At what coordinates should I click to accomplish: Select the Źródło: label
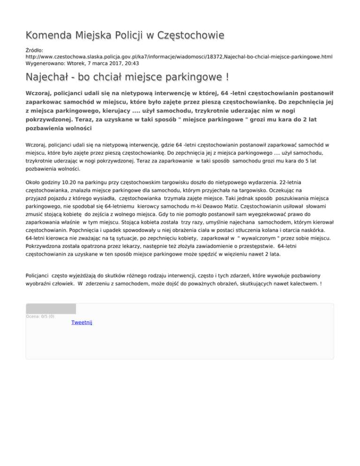[36, 49]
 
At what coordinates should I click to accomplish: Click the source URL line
[179, 56]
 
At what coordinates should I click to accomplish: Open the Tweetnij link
[82, 323]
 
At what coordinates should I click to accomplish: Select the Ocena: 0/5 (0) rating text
[40, 316]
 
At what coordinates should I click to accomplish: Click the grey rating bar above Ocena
[51, 308]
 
